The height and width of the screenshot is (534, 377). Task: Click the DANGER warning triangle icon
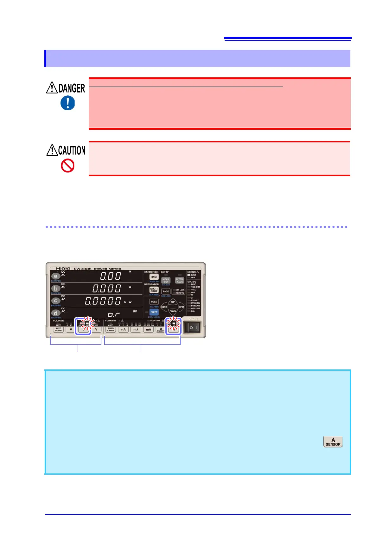point(52,88)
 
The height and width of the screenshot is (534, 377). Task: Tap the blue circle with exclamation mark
point(67,103)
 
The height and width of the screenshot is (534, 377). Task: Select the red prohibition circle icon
point(67,166)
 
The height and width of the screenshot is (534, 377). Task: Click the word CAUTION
point(72,150)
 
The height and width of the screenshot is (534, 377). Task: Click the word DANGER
point(72,88)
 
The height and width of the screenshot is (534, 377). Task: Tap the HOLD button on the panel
point(154,302)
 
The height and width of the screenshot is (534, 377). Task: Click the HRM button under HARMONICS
point(154,277)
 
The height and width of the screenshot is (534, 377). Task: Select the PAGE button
point(166,291)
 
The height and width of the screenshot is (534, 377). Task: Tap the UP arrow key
point(173,302)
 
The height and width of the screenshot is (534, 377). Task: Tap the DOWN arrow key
point(173,311)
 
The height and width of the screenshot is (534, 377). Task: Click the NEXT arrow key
point(182,307)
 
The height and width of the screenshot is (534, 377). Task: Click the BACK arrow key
point(164,307)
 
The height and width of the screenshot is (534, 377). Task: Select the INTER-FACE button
point(180,281)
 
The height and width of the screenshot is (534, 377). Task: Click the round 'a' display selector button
point(56,276)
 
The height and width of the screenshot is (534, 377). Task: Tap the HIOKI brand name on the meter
point(63,269)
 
